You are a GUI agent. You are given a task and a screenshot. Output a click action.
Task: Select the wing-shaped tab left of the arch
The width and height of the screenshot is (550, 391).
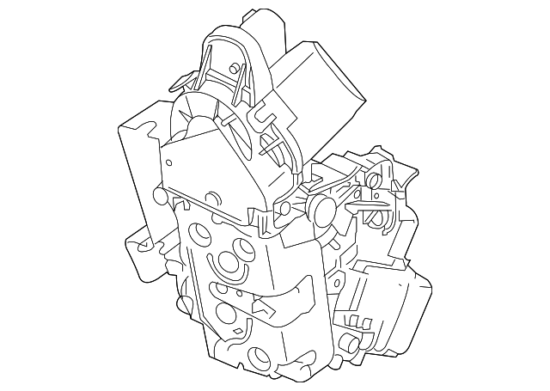click(181, 81)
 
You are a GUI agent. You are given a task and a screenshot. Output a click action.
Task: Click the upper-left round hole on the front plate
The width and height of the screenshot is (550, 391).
click(199, 233)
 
